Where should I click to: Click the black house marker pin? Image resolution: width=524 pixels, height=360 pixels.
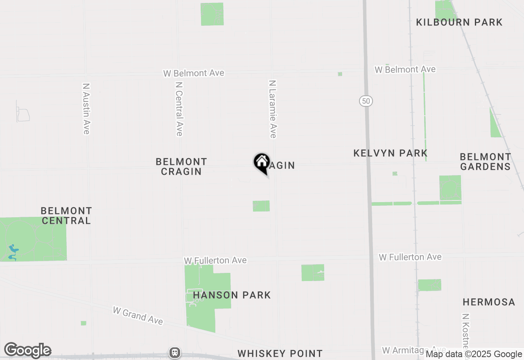tap(262, 163)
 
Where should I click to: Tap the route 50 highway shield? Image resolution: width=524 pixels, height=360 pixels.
tap(366, 101)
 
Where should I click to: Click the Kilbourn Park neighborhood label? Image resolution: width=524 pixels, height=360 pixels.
tap(459, 22)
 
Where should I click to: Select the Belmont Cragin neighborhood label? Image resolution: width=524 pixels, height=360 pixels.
tap(181, 166)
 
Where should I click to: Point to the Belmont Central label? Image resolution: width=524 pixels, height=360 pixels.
tap(66, 216)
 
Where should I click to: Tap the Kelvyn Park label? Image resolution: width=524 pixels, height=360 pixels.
tap(391, 153)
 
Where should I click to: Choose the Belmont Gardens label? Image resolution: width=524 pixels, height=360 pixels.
tap(486, 162)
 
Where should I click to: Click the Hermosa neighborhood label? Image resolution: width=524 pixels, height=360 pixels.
tap(489, 302)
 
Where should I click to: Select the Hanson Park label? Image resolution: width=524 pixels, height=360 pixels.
tap(232, 295)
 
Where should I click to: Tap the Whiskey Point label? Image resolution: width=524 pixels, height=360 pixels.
tap(280, 353)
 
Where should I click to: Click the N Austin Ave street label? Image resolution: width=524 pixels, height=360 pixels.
tap(86, 109)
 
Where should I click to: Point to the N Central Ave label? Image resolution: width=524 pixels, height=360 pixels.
tap(179, 109)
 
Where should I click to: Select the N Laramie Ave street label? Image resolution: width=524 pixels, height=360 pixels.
tap(273, 109)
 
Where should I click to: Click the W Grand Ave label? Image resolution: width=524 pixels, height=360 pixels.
tap(138, 316)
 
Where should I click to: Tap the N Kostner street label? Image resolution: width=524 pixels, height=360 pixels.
tap(465, 331)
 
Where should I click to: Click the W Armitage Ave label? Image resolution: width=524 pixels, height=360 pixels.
tap(413, 350)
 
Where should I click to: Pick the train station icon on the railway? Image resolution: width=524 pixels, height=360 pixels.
tap(175, 352)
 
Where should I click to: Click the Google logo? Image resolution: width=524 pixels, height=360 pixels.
tap(28, 351)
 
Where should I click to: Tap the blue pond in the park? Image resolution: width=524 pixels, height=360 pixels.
tap(13, 251)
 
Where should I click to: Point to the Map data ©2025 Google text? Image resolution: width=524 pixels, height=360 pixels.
tap(474, 354)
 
